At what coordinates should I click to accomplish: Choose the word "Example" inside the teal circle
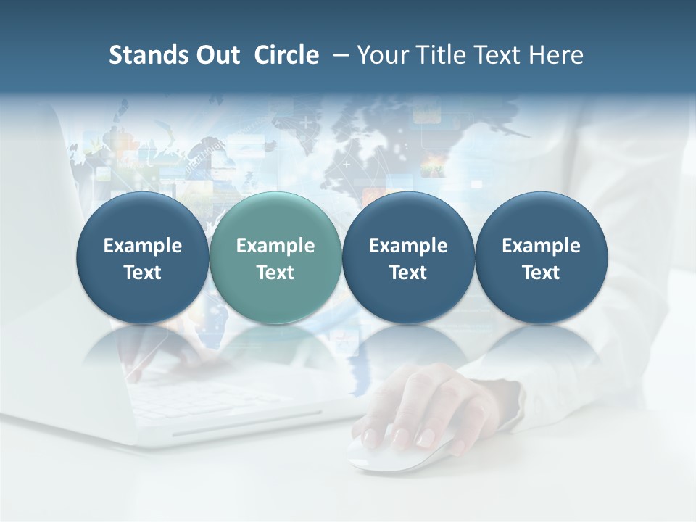tap(275, 246)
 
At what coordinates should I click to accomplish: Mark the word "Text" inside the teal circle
tap(275, 273)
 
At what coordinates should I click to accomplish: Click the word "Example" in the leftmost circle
tap(143, 246)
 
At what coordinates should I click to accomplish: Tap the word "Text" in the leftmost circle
tap(143, 273)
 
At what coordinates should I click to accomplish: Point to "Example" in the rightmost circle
tap(542, 246)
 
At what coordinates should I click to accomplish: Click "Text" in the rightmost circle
tap(542, 273)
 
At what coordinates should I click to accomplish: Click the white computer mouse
tap(395, 449)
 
